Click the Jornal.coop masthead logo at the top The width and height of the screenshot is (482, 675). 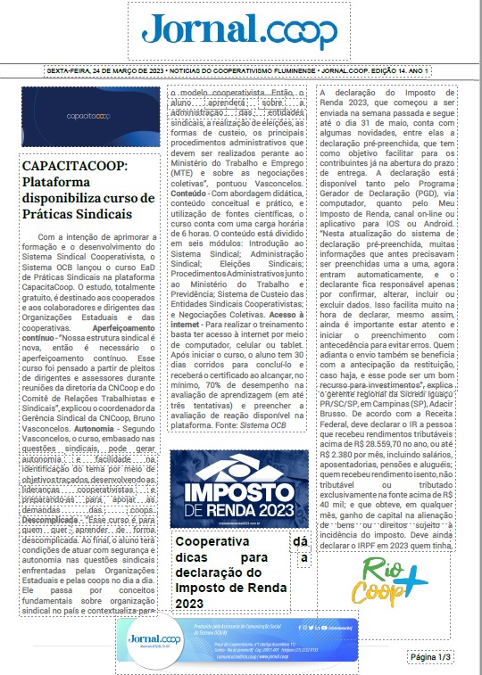point(240,32)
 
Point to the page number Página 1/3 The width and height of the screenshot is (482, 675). point(431,657)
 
